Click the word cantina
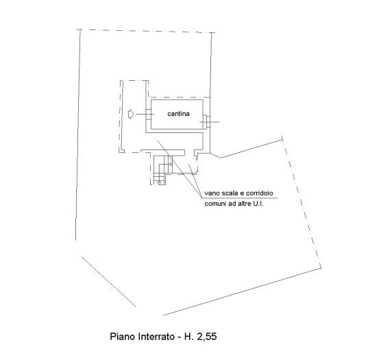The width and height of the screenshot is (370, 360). [178, 114]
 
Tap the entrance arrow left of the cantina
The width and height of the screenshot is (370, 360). [131, 115]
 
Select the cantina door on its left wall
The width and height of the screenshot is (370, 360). [149, 115]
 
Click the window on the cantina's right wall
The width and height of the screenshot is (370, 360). [206, 122]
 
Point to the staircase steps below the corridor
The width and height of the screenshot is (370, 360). [163, 169]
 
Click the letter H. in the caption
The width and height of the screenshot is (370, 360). [188, 337]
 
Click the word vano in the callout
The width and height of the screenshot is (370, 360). [212, 193]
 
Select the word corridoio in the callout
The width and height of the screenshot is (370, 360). [259, 193]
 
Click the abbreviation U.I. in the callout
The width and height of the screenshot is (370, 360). [258, 204]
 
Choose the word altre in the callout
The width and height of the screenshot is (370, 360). [244, 204]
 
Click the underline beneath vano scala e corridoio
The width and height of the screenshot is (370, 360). [240, 198]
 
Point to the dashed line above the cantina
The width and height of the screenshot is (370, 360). [180, 97]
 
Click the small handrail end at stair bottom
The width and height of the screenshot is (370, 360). [160, 182]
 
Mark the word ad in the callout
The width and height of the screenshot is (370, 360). [232, 204]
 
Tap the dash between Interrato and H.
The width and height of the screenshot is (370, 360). [179, 337]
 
